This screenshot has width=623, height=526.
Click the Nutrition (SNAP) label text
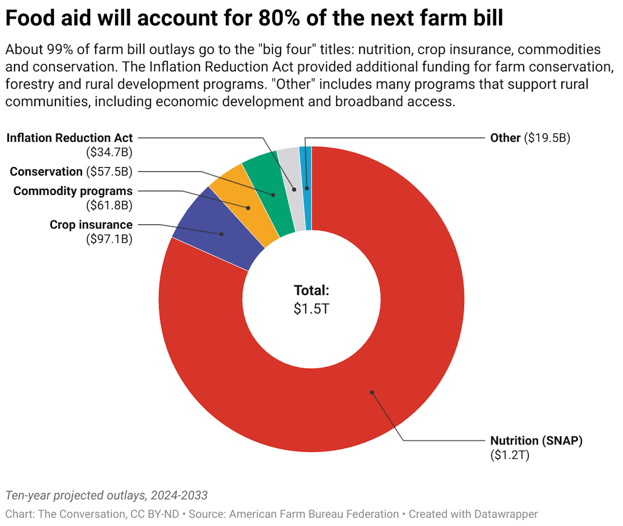point(536,441)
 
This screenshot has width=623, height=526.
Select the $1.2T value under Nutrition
point(510,455)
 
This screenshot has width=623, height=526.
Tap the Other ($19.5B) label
point(530,138)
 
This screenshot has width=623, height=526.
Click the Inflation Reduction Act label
point(69,138)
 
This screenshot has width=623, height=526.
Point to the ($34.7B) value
point(109,152)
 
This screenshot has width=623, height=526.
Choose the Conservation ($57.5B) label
point(71,172)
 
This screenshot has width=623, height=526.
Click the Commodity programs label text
point(73,191)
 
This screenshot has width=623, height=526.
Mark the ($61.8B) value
point(109,205)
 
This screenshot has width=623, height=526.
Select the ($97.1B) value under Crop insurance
point(109,239)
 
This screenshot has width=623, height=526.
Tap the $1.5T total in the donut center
point(311,309)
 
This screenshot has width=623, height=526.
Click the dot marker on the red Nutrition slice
point(372,392)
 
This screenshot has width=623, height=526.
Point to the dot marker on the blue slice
point(222,234)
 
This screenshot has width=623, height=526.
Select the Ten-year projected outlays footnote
point(106,495)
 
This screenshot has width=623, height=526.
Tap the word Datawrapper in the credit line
point(506,514)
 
